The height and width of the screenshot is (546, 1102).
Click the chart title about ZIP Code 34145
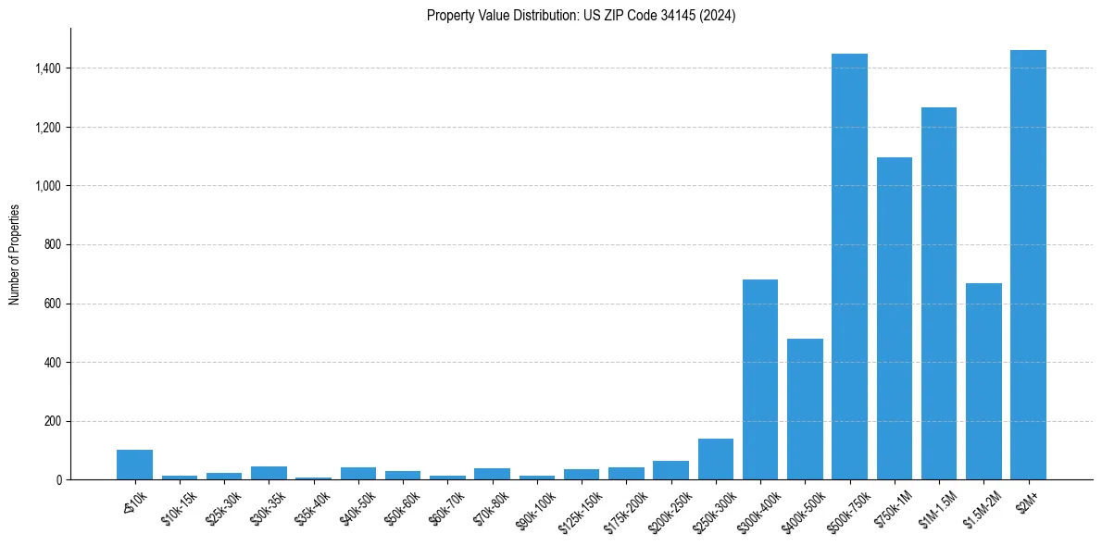[x=581, y=16]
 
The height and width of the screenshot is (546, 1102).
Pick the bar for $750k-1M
[x=894, y=318]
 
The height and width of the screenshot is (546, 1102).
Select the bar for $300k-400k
[x=759, y=379]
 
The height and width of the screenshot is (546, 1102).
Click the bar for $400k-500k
[x=805, y=409]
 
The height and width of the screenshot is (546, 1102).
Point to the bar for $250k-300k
[x=715, y=459]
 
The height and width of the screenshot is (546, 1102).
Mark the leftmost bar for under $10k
[x=134, y=465]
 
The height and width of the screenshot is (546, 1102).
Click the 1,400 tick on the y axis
[x=48, y=68]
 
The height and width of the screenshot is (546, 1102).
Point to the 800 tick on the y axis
[x=53, y=245]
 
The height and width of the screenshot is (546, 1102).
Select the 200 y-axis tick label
[x=53, y=421]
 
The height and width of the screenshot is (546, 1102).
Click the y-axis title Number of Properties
[x=15, y=254]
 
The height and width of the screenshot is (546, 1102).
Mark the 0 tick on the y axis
[x=57, y=480]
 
